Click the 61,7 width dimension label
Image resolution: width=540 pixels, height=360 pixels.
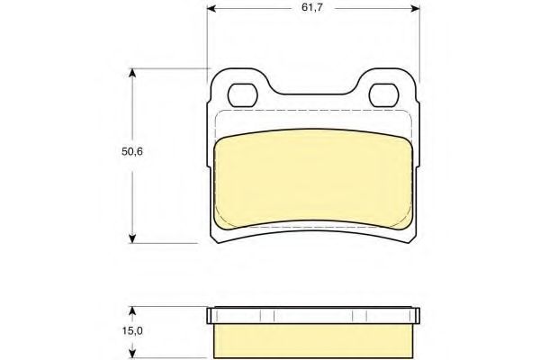tap(312, 7)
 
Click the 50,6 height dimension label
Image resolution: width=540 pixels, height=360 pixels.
tap(132, 151)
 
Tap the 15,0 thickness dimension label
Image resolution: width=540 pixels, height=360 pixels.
tap(132, 331)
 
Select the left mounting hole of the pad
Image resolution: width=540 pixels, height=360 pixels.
tap(242, 95)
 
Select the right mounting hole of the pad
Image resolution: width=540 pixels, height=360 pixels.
tap(383, 95)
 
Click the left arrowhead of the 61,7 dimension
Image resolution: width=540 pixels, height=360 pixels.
tap(211, 8)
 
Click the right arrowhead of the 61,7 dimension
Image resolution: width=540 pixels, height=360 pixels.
tap(416, 8)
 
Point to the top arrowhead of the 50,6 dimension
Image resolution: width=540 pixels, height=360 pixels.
tap(132, 73)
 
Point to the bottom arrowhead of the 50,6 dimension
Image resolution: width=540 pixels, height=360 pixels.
tap(132, 238)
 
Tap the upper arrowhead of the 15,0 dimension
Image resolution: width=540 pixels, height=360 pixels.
tap(132, 310)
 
